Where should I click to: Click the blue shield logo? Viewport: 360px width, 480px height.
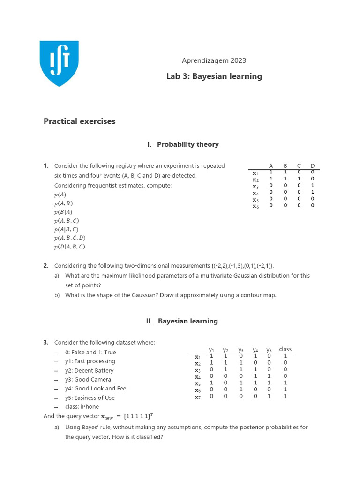59,63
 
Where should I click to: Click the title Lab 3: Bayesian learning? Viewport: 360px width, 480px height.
214,76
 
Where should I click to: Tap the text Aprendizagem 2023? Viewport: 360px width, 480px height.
214,60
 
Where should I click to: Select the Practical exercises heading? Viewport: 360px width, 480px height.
79,121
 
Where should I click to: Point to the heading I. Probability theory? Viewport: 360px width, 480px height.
183,144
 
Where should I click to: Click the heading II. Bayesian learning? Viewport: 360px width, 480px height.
182,321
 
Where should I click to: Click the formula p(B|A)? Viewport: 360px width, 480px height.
63,212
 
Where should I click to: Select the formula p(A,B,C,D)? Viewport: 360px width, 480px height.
69,238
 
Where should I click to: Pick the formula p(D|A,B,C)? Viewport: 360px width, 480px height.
69,247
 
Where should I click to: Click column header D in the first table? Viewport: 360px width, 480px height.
313,166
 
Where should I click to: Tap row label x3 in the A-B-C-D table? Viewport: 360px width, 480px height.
255,187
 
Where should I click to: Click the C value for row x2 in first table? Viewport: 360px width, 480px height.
299,179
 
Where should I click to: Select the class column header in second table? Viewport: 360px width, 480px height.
285,349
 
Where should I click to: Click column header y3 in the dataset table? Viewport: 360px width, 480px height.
240,350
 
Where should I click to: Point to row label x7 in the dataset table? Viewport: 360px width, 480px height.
198,397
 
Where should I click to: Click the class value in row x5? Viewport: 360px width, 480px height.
285,382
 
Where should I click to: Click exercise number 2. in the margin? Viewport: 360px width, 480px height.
46,265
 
